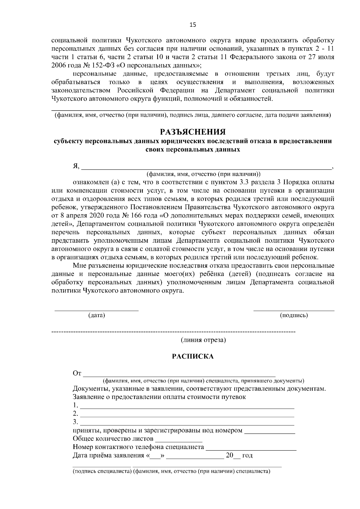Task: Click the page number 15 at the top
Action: [x=193, y=25]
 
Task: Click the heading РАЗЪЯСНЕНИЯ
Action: [x=193, y=132]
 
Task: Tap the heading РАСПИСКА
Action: [x=193, y=356]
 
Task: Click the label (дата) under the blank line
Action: [x=97, y=315]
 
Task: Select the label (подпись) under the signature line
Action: [x=294, y=315]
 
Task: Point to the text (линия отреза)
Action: [x=203, y=340]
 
